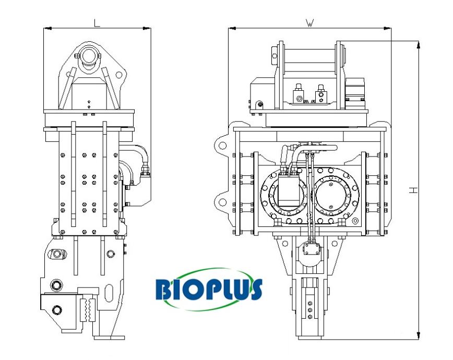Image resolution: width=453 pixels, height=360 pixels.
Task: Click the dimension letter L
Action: pos(97,23)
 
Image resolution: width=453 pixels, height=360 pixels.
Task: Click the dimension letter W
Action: pos(309,23)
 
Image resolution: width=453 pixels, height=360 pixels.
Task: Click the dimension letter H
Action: pos(414,190)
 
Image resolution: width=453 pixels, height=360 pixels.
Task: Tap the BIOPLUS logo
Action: pos(208,290)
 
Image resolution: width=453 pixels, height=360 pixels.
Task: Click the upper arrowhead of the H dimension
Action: pos(419,44)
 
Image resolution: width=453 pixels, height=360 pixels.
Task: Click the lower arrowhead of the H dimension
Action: pos(419,335)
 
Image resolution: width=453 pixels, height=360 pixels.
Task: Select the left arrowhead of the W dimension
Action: pos(232,28)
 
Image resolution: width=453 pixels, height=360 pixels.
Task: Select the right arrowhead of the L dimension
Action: pos(147,28)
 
